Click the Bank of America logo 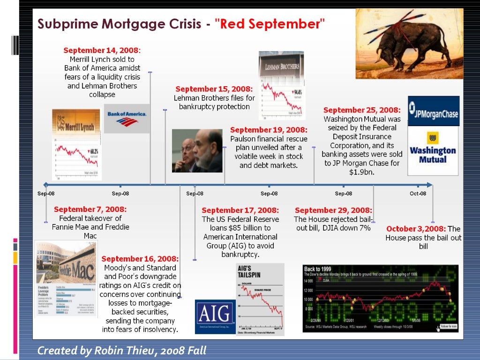(x=127, y=118)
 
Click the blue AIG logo (x=215, y=316)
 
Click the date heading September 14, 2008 (x=102, y=50)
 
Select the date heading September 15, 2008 (x=214, y=89)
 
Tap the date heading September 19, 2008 (x=269, y=130)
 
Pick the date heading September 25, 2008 (x=362, y=110)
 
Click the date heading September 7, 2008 (x=90, y=210)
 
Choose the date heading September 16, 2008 (x=140, y=259)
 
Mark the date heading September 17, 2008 (x=240, y=210)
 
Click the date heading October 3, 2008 (x=416, y=229)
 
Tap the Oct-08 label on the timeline (x=418, y=194)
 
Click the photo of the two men (x=197, y=151)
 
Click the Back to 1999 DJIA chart (x=380, y=298)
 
